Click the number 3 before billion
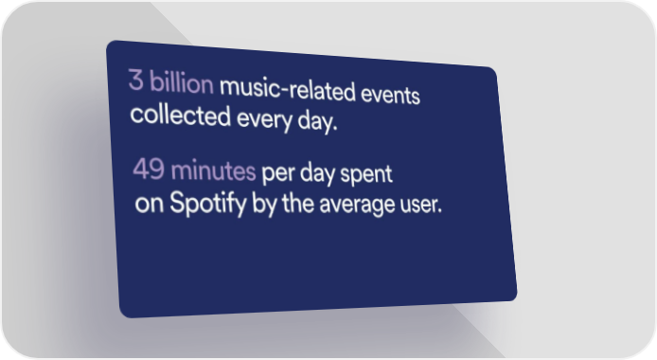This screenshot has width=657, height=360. (136, 80)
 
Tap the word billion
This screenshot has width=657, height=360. (182, 82)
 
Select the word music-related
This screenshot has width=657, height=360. (288, 89)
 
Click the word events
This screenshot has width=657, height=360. (390, 95)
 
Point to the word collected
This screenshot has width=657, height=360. (181, 116)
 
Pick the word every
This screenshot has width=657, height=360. (264, 120)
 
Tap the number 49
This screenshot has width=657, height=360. (149, 169)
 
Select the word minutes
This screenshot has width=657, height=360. (213, 171)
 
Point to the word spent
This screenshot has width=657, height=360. (366, 174)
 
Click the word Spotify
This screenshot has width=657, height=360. (208, 204)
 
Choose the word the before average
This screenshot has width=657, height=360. (298, 204)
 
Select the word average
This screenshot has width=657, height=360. (357, 205)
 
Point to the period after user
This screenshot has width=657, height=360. (439, 211)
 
